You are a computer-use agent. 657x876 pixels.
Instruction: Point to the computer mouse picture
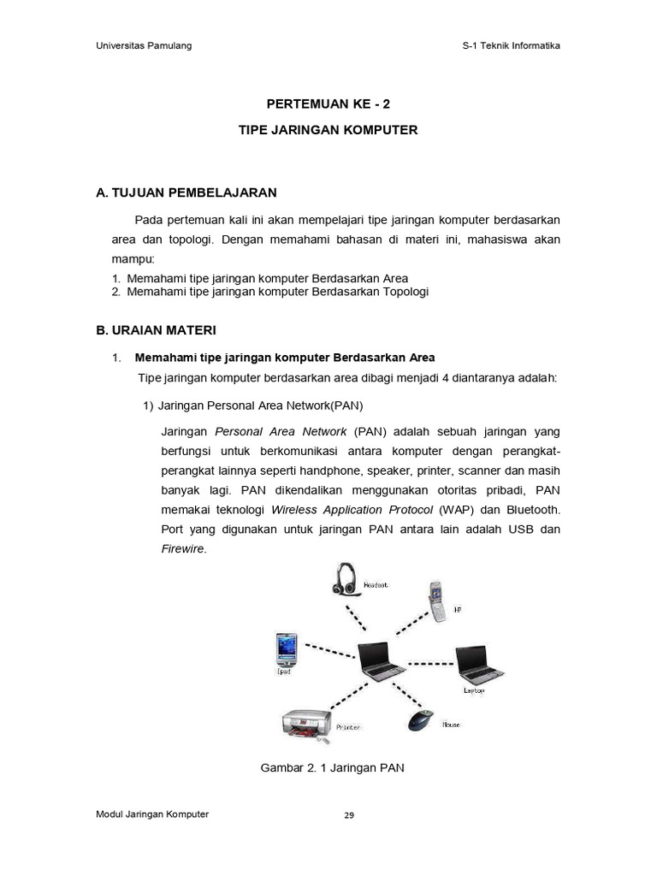[x=420, y=719]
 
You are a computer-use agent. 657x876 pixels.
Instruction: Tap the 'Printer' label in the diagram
[x=348, y=727]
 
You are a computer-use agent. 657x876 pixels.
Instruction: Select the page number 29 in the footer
[x=348, y=815]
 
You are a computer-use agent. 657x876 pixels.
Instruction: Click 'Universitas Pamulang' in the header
[x=144, y=45]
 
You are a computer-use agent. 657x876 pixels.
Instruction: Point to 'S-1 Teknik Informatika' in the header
[x=505, y=45]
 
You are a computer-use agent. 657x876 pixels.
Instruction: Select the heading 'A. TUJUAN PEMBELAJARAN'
[x=186, y=192]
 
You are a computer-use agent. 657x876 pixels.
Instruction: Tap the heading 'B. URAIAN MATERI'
[x=156, y=329]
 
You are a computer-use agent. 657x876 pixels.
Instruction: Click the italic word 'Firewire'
[x=183, y=549]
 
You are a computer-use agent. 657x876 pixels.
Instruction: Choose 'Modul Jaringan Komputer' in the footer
[x=152, y=814]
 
